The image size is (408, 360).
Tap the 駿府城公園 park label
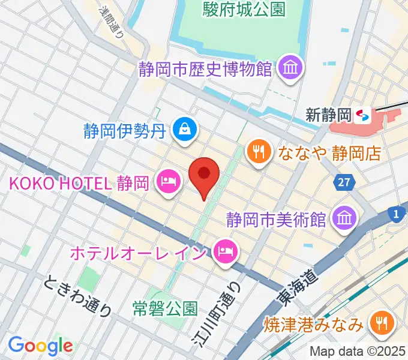click(244, 9)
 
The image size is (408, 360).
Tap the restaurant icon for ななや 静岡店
click(258, 152)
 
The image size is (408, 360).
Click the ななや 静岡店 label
click(329, 152)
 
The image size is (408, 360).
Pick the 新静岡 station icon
click(362, 115)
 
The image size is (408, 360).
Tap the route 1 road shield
click(396, 213)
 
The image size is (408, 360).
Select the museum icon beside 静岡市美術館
click(344, 217)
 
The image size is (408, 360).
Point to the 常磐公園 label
click(165, 308)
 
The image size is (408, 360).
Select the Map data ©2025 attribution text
click(357, 352)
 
